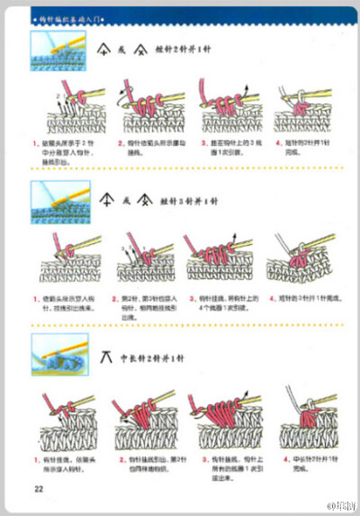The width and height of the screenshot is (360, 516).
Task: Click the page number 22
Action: (39, 489)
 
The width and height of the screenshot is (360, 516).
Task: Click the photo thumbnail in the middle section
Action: (52, 200)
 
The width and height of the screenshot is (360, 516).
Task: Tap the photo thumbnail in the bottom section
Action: (52, 352)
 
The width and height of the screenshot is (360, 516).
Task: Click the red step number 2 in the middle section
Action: (114, 296)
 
